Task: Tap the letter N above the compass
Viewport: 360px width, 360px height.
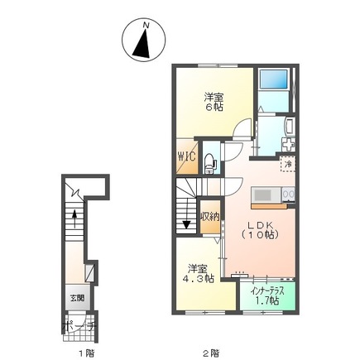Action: [145, 26]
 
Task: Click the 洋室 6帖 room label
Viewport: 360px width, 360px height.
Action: [214, 102]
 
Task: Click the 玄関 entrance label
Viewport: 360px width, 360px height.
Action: [76, 296]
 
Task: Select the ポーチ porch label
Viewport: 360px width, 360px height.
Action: [80, 324]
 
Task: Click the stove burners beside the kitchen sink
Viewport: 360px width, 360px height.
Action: [287, 195]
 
